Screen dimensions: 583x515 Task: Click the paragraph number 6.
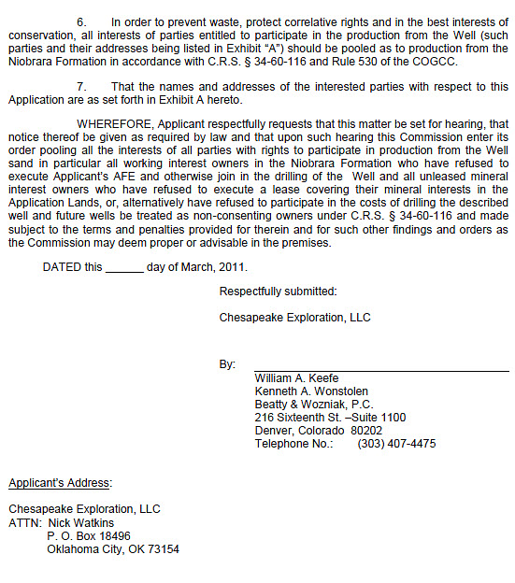pos(81,21)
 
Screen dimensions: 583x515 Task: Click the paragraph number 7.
pos(81,86)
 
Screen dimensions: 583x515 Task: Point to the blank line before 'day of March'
pos(124,267)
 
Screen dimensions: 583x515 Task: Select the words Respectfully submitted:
pos(278,291)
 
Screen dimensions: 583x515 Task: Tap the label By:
pos(227,364)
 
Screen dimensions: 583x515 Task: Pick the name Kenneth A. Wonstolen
pos(311,391)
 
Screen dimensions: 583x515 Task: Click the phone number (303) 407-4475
pos(396,444)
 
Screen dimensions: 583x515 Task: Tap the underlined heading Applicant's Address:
pos(60,483)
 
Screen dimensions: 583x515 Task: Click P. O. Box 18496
pos(89,536)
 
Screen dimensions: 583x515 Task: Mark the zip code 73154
pos(160,549)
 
